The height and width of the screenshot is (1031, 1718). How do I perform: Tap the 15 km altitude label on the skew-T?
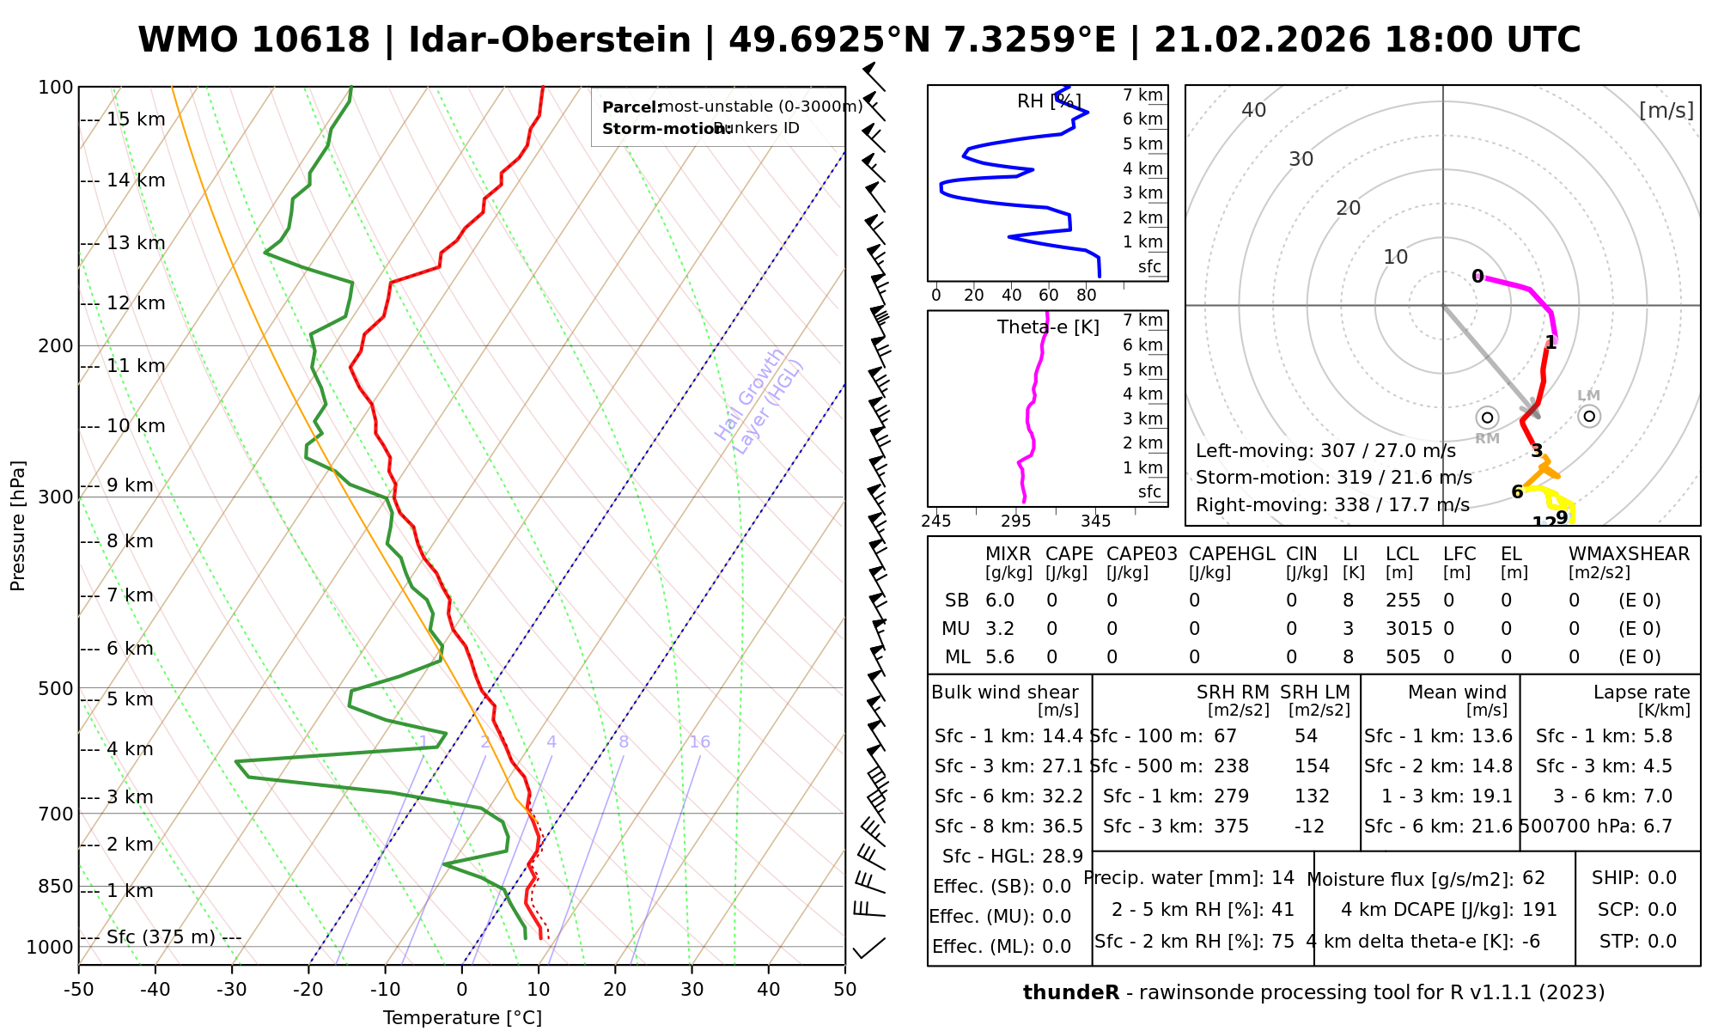[x=136, y=119]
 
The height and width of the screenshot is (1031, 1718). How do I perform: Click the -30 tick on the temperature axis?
[x=232, y=989]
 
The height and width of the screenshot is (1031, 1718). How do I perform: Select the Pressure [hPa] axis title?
[x=18, y=526]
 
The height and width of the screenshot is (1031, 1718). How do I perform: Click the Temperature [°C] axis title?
[x=462, y=1018]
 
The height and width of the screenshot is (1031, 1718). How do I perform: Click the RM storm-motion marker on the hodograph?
[x=1487, y=418]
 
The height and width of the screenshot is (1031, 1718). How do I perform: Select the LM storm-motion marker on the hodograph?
[x=1589, y=416]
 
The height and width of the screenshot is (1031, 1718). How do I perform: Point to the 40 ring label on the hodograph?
[x=1254, y=110]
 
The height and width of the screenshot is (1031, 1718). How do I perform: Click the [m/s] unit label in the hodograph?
[x=1666, y=110]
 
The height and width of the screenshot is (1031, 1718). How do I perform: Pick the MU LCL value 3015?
[x=1409, y=629]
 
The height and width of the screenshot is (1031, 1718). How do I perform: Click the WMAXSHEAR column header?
[x=1629, y=554]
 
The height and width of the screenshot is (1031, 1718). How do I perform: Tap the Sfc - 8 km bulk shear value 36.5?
[x=1063, y=827]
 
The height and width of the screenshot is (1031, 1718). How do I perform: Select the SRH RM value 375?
[x=1231, y=827]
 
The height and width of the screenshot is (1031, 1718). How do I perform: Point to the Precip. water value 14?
[x=1282, y=878]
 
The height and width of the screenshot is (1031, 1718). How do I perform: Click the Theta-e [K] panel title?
[x=1048, y=327]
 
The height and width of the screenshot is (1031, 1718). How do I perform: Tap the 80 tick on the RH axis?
[x=1087, y=296]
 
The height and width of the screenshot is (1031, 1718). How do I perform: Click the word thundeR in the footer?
[x=1070, y=993]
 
